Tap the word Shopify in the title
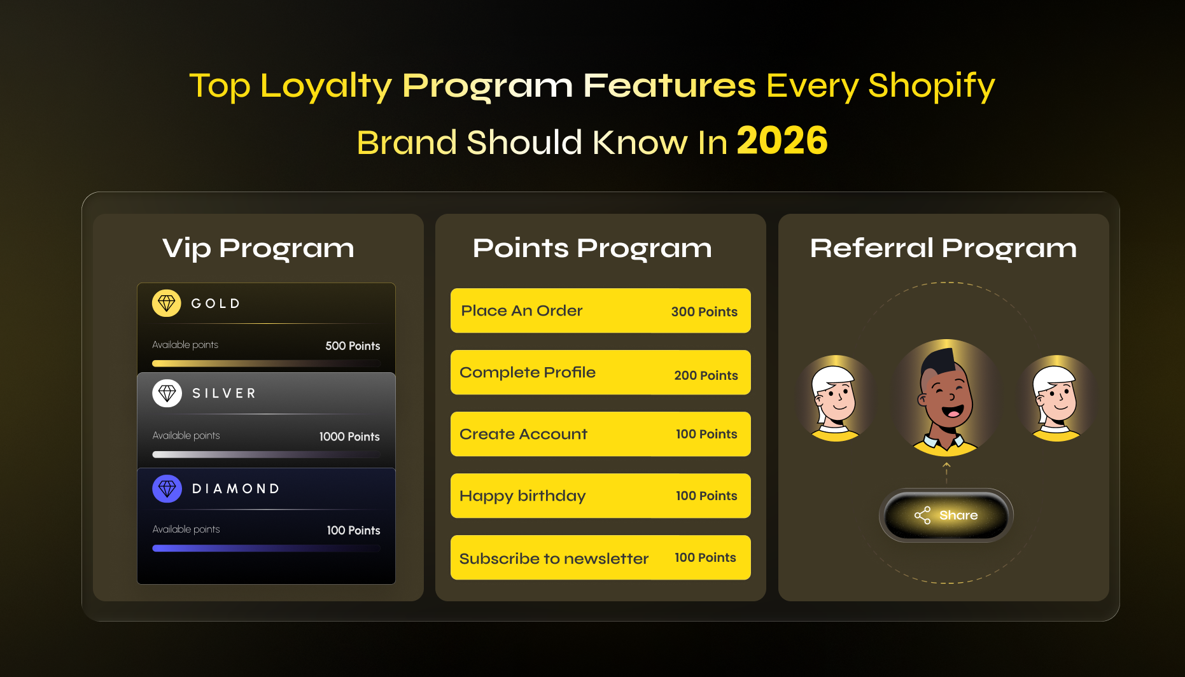point(931,86)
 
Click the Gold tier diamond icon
point(167,304)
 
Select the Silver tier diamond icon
point(167,394)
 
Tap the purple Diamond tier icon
point(167,489)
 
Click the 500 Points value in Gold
point(353,346)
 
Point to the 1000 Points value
point(349,437)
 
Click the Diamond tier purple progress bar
point(266,548)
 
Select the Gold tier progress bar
point(266,363)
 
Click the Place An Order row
point(600,311)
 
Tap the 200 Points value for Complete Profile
point(706,375)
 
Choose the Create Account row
point(600,434)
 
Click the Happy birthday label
point(522,496)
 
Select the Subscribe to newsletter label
point(554,559)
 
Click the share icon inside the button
point(923,515)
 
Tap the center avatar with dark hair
point(946,398)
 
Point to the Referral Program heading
point(943,248)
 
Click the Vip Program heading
point(258,248)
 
